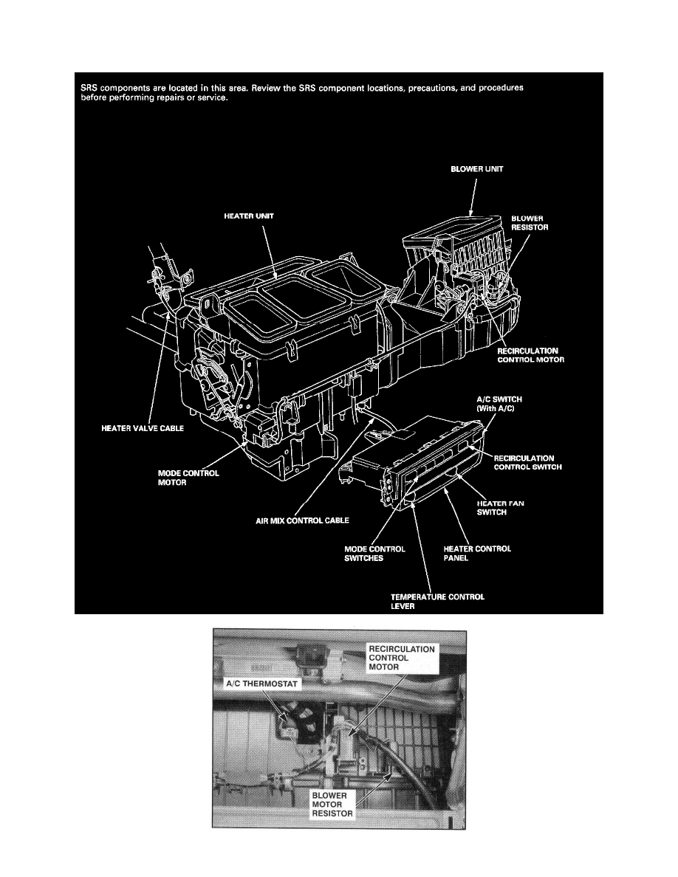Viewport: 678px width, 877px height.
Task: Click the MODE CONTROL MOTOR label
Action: click(188, 478)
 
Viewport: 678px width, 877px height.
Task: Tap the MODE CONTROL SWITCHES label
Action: click(374, 553)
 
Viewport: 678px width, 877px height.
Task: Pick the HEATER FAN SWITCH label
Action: click(501, 507)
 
